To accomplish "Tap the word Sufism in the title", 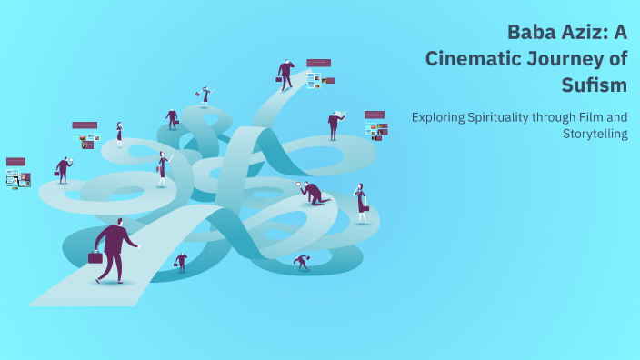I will (594, 85).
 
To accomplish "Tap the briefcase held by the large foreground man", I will (95, 257).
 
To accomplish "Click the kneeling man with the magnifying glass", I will (314, 193).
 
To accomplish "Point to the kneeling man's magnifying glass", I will (299, 185).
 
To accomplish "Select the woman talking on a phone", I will (361, 203).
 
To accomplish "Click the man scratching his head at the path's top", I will (286, 74).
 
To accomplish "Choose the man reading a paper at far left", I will (63, 169).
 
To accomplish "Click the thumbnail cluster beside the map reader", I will (375, 125).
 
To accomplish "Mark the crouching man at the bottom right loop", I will (302, 262).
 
